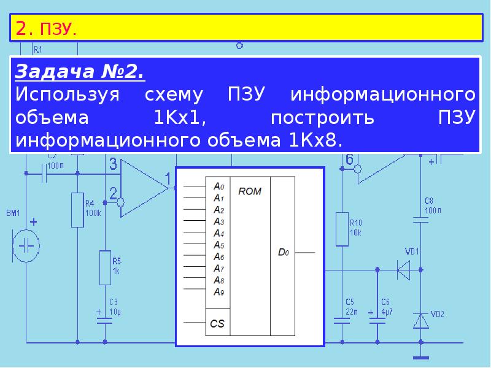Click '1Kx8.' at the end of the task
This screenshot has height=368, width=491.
[x=315, y=140]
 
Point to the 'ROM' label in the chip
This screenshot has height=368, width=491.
[x=250, y=191]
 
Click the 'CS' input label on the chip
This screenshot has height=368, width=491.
[x=217, y=323]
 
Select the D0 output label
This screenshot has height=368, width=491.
[x=282, y=251]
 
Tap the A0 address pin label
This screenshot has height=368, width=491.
[x=219, y=186]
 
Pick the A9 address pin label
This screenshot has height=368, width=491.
[x=219, y=291]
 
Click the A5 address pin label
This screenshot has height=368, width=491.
[x=219, y=245]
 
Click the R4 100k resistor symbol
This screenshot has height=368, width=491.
[x=77, y=210]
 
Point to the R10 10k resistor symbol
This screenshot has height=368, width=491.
[x=342, y=228]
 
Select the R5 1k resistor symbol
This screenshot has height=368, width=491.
[x=105, y=267]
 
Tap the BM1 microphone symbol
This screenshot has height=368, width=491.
[x=26, y=245]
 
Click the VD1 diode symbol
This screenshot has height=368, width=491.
[x=403, y=269]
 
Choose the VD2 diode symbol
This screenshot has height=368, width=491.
[x=420, y=321]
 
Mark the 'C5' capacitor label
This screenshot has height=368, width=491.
[x=350, y=301]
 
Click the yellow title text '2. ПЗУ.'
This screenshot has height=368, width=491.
[x=46, y=28]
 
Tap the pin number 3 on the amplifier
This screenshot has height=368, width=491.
[x=113, y=164]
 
